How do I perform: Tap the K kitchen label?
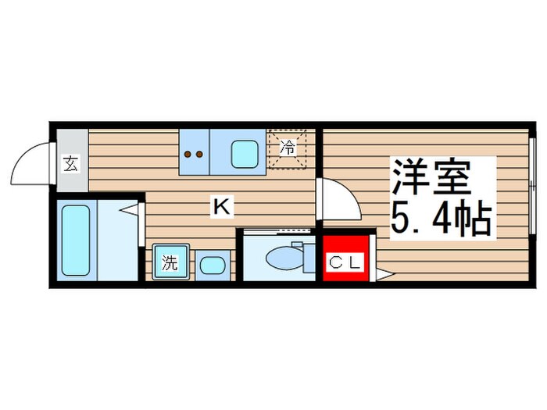(x=221, y=206)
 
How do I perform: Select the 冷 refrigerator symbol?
(x=288, y=147)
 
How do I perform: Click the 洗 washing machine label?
(x=169, y=263)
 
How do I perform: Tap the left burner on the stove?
(x=188, y=154)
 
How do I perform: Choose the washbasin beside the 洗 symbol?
(x=211, y=264)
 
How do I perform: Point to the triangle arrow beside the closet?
(x=384, y=274)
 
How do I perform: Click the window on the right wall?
(x=531, y=186)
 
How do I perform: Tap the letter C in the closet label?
(x=335, y=263)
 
